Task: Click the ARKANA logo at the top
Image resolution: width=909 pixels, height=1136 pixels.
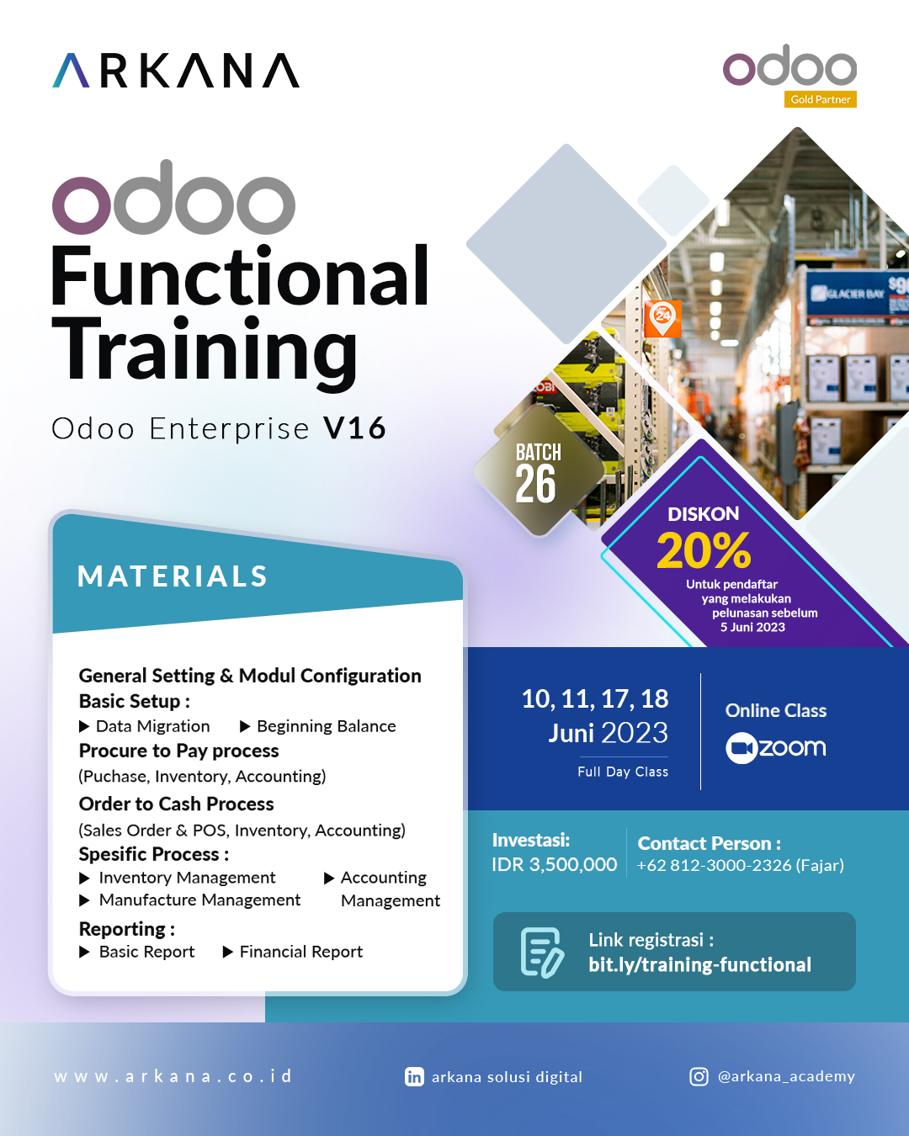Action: click(176, 71)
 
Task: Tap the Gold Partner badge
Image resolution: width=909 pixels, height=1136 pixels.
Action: click(821, 99)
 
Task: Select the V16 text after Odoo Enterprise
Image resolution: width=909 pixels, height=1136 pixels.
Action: click(354, 428)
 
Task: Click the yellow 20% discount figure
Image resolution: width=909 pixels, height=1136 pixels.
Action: click(703, 550)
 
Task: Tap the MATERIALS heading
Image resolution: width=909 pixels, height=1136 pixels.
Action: click(173, 576)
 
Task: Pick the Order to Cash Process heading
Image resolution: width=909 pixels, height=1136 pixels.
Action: click(176, 804)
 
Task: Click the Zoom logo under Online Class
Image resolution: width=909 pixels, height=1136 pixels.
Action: click(776, 747)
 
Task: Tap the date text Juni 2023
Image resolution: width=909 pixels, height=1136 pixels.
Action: click(608, 733)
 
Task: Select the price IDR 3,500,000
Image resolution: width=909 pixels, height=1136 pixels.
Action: click(554, 865)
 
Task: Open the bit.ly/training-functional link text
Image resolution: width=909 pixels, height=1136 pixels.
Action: click(699, 964)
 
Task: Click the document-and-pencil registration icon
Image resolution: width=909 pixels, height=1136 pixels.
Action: click(542, 952)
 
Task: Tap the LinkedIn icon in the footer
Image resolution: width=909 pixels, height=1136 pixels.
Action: click(414, 1077)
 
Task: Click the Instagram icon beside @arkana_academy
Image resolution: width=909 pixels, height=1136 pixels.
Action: click(699, 1077)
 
